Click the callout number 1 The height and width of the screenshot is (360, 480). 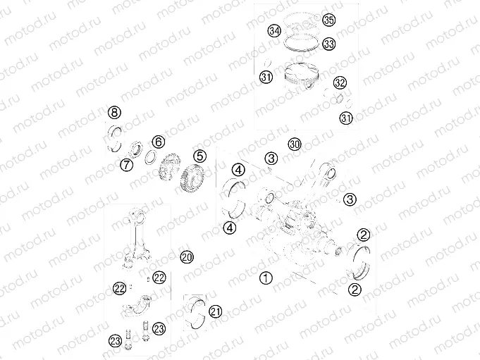265,277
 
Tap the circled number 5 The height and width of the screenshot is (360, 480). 200,156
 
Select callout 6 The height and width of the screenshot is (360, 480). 159,142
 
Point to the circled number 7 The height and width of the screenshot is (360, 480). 126,165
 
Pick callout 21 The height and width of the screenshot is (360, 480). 216,311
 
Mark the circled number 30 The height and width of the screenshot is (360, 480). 295,144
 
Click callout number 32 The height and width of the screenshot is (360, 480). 340,82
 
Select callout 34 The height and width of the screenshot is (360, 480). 273,31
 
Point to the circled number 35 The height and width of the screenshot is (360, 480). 329,19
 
